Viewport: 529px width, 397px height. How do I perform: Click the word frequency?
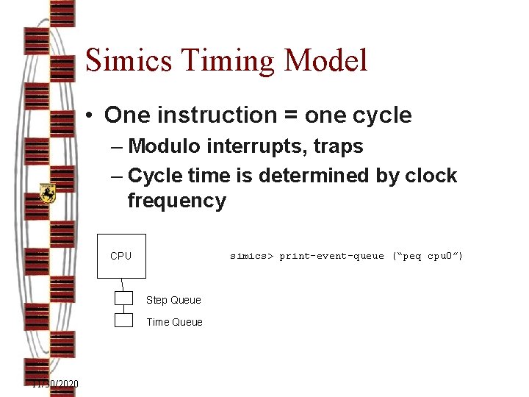[x=176, y=201]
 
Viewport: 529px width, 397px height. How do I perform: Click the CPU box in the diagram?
[x=121, y=256]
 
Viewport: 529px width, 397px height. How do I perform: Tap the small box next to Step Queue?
[x=123, y=298]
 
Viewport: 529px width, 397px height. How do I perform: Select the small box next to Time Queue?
[x=123, y=321]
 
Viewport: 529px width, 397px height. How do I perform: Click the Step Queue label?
[x=173, y=300]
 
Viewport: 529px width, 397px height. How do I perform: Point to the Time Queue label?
[x=174, y=322]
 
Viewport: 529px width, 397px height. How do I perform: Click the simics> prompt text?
[x=251, y=256]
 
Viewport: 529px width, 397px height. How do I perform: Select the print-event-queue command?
[x=331, y=256]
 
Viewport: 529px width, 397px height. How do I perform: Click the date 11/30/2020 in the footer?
[x=55, y=385]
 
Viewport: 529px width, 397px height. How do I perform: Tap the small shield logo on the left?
[x=48, y=193]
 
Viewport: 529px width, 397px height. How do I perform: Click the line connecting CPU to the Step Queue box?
[x=123, y=285]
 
